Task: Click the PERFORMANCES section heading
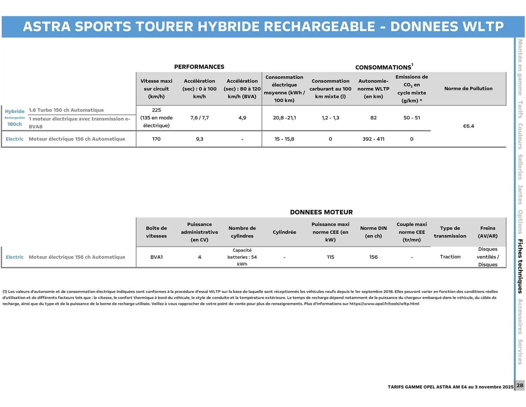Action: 199,67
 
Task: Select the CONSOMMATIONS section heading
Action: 383,67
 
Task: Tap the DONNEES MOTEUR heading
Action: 321,212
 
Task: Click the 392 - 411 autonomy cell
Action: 373,139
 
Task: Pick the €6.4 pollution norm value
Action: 468,126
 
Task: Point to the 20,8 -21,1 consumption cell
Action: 284,118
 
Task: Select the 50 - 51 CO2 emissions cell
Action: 411,118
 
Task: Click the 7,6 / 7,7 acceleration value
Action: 199,118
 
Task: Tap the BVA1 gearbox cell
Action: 156,257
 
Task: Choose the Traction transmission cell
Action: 450,257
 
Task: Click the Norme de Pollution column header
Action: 468,89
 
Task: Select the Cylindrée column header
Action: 284,232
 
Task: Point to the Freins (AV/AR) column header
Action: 488,232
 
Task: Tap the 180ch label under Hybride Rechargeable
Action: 15,124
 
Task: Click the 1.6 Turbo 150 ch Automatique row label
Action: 66,110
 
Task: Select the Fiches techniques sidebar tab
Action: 520,266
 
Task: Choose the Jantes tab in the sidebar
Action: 520,195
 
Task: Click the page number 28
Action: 520,385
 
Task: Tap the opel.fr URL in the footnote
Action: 384,304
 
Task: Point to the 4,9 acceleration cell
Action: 242,118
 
